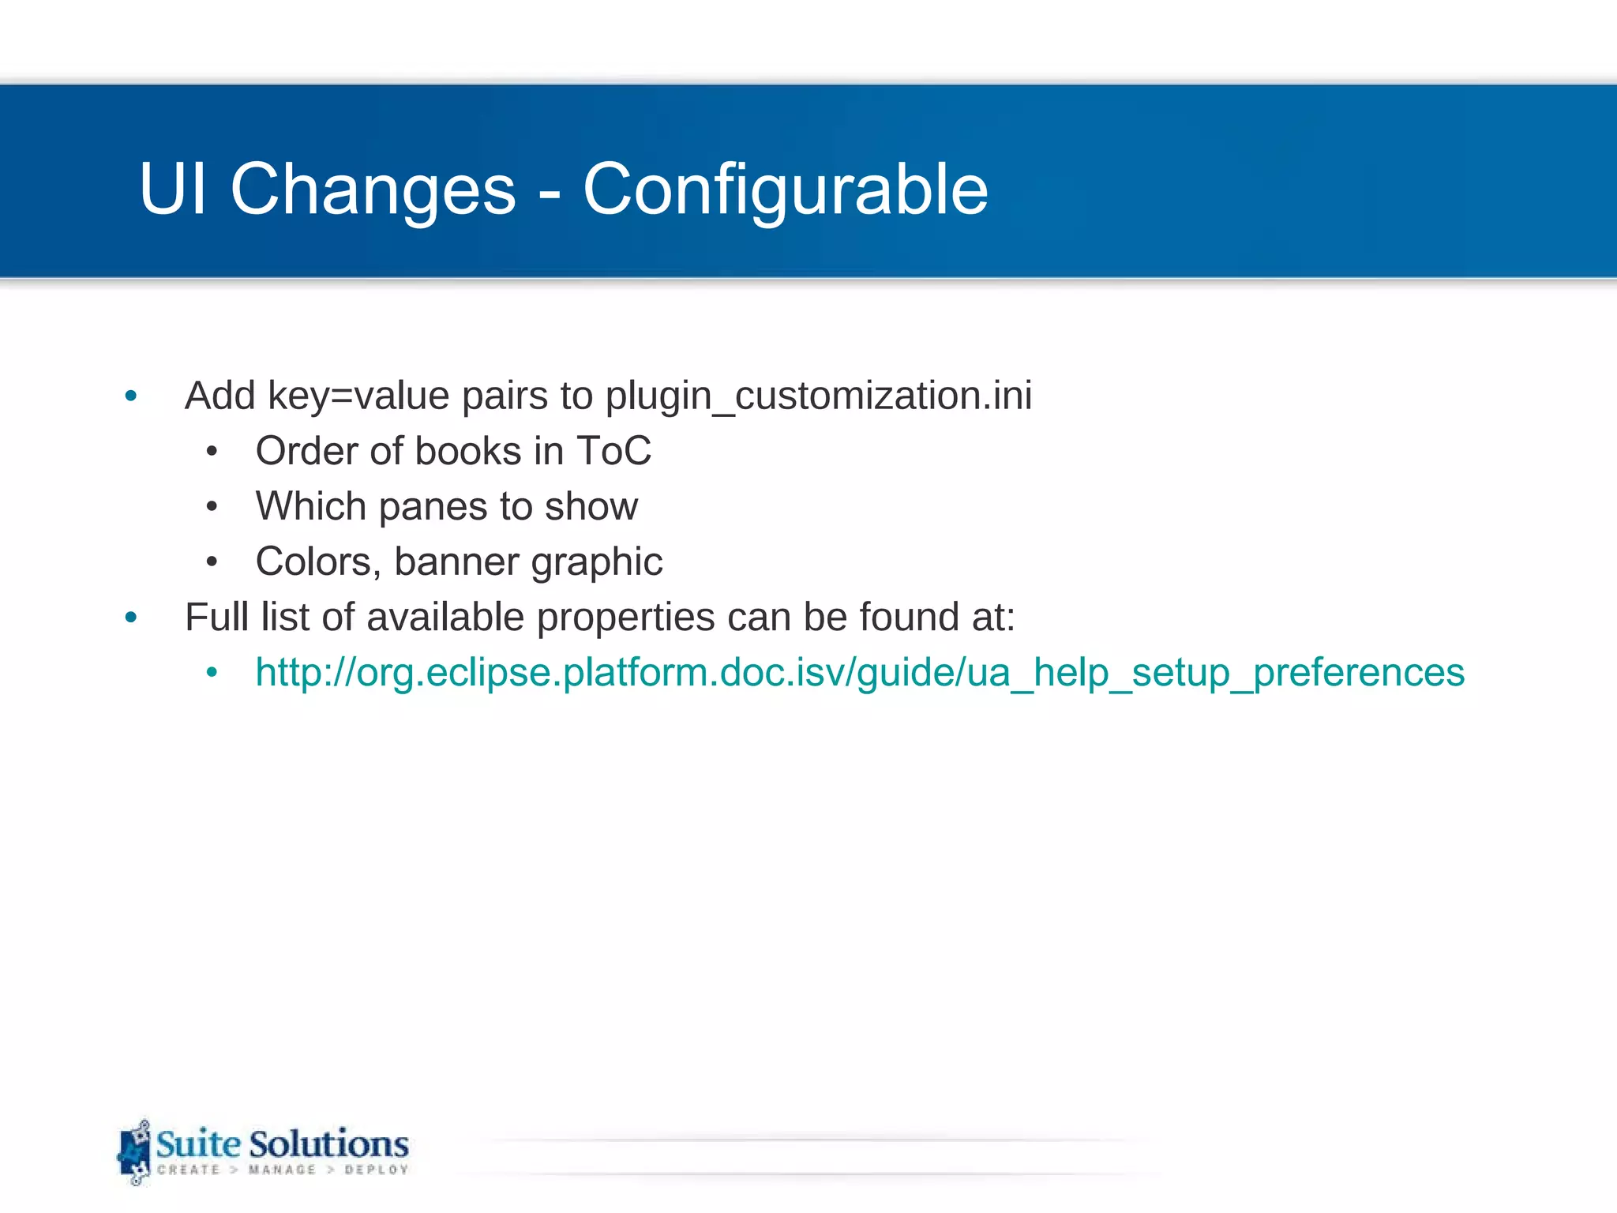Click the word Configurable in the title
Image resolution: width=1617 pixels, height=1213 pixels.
point(785,190)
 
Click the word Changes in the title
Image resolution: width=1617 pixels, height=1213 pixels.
point(373,190)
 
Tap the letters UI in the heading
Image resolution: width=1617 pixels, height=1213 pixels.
point(173,190)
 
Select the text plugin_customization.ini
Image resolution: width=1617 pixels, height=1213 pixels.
point(818,396)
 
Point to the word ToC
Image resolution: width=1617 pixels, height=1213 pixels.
point(613,452)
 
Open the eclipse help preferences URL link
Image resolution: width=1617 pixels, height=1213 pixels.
point(860,673)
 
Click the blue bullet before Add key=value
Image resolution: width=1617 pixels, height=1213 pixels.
point(131,396)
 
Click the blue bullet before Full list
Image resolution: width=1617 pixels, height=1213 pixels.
point(131,618)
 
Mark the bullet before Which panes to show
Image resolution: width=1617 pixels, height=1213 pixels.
point(212,507)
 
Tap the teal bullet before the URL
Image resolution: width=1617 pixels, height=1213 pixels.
point(212,673)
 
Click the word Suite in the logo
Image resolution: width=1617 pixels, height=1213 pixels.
point(198,1144)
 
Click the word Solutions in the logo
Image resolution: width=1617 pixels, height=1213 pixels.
point(329,1144)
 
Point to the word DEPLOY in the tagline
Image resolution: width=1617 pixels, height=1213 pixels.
point(376,1170)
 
